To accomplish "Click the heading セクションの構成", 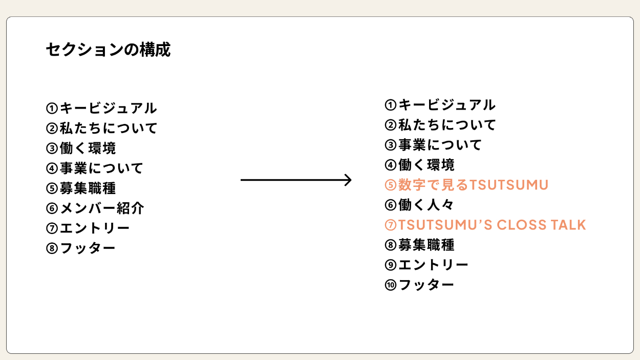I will coord(108,50).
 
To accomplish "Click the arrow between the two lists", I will coord(296,180).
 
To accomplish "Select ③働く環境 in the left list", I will coord(81,149).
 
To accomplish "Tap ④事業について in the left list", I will coord(95,168).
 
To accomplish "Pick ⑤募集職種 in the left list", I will coord(81,188).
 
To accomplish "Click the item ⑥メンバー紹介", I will coord(95,208).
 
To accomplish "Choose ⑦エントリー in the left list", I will coord(88,228).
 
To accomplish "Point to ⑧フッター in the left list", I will coord(81,248).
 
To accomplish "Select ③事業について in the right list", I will coord(433,145).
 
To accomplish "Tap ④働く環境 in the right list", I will coord(419,165).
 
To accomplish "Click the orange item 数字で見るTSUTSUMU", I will coord(466,185).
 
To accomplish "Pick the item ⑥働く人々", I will coord(419,205).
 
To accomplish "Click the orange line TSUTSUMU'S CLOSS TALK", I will coord(485,225).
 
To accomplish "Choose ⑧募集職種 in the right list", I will coord(419,245).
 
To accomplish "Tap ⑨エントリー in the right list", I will coord(426,265).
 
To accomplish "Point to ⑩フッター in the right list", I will coord(419,285).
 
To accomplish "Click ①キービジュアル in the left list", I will coord(101,109).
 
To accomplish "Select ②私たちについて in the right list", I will coord(440,125).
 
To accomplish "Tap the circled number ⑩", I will coord(391,285).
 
